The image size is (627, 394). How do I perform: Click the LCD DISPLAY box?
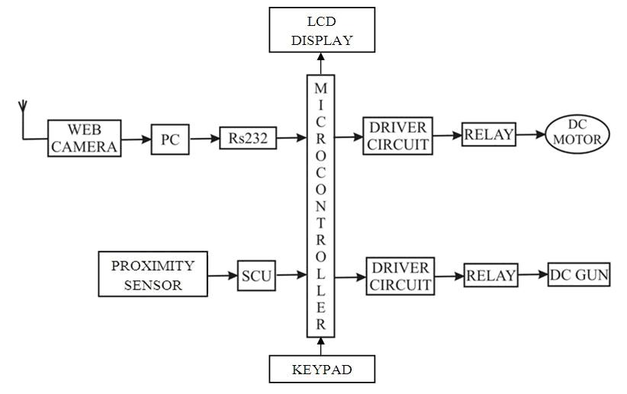322,30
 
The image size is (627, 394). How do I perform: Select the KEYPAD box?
322,369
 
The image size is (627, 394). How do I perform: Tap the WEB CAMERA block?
85,138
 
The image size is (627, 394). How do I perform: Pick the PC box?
170,139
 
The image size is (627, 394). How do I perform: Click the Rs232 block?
248,138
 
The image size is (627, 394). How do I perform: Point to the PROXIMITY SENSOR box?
153,274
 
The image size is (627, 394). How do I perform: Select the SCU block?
256,276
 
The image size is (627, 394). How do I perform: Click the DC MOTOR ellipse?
577,134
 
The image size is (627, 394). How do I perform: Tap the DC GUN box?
579,274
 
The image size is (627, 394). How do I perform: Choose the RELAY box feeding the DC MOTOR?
489,134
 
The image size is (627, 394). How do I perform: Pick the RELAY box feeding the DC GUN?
490,275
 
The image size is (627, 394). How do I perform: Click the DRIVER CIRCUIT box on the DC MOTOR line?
397,136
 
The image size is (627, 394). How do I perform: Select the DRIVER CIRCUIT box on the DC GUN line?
400,276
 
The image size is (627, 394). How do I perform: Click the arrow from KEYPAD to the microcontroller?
320,346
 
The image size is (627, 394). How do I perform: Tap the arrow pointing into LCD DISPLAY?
320,63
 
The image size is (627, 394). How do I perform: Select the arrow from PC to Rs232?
204,139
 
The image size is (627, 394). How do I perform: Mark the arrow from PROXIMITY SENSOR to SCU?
222,275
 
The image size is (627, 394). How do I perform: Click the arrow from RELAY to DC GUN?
532,274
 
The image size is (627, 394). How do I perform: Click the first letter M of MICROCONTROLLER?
320,88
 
